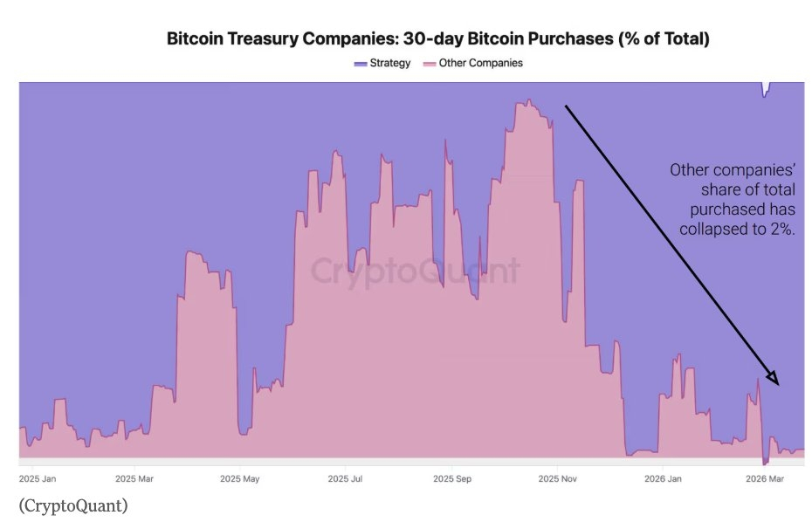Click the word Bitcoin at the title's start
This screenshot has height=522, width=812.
point(194,39)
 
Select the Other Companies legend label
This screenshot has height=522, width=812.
point(480,64)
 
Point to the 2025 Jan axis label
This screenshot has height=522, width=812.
point(38,478)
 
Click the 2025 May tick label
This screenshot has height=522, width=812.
point(240,478)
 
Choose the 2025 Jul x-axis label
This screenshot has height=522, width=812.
point(345,478)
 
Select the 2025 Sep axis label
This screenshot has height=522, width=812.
point(451,478)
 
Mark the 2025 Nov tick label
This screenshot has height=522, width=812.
point(559,478)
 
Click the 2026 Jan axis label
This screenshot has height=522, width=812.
point(664,478)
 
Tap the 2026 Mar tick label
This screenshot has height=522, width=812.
point(766,478)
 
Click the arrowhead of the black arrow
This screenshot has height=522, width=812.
point(771,377)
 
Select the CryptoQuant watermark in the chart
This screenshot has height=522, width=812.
point(415,270)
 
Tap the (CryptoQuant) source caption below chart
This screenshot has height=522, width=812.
point(72,505)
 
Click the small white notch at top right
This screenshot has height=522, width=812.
point(767,87)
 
